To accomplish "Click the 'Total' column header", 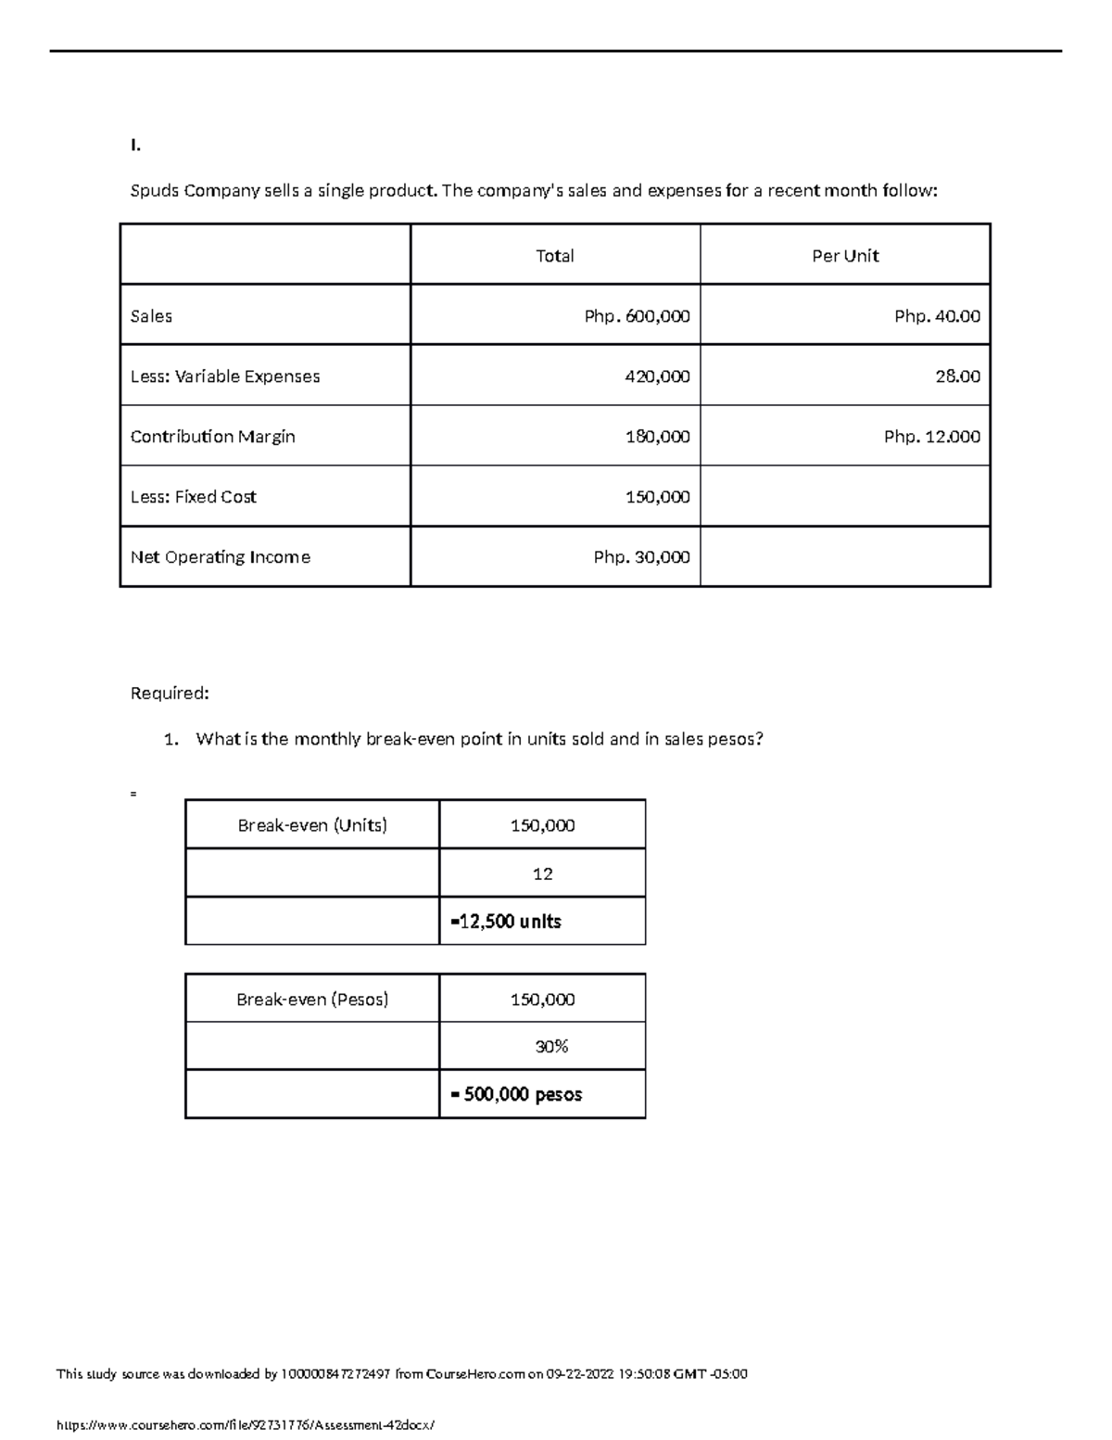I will click(x=554, y=256).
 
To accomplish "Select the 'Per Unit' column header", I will click(x=844, y=256).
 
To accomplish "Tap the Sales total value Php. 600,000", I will click(x=637, y=316).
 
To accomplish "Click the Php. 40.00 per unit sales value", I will click(x=936, y=316).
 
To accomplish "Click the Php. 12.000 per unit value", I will click(x=931, y=437).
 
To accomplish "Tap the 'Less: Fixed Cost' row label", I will click(x=193, y=497).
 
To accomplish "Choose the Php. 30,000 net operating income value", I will click(x=641, y=557).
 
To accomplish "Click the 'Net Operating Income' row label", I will click(x=220, y=557).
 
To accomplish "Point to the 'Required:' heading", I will click(x=170, y=694).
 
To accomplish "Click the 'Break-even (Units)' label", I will click(x=312, y=825).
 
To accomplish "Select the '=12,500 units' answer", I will click(x=505, y=922).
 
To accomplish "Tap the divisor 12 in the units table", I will click(x=543, y=873).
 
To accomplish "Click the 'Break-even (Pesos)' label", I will click(x=312, y=1000).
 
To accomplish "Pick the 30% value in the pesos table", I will click(x=551, y=1047).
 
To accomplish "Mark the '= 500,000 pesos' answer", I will click(x=516, y=1095).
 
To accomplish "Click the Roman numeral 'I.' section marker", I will click(x=135, y=145).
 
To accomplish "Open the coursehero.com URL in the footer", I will click(x=245, y=1425).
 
